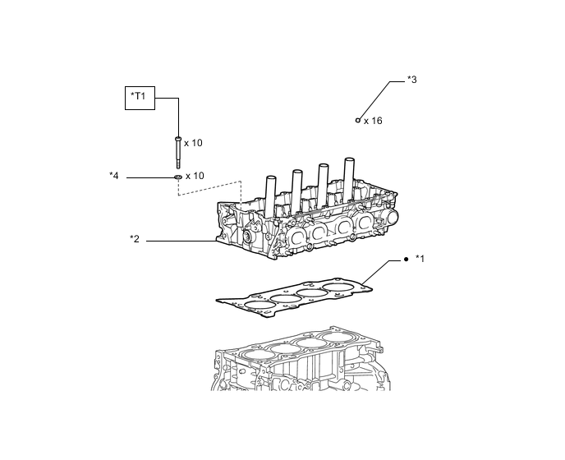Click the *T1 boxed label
coord(138,98)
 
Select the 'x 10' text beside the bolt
coord(193,143)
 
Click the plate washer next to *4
coord(177,177)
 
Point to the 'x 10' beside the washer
coord(195,176)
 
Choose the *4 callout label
coord(114,176)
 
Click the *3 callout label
coord(412,80)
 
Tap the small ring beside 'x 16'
coord(358,120)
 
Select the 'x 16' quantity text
coord(374,121)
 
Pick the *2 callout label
coord(135,240)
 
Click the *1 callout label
coord(420,259)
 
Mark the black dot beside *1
coord(406,259)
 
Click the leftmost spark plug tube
coord(269,196)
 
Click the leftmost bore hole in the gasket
coord(258,306)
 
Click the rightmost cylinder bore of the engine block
coord(338,337)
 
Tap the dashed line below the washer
coord(209,189)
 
